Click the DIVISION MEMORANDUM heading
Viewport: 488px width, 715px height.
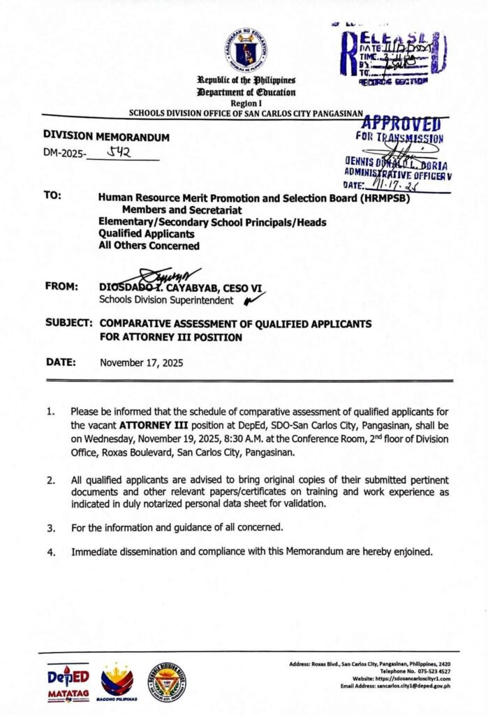click(106, 138)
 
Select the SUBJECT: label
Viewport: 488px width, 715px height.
click(68, 324)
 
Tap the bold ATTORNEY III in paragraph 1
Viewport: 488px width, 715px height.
click(151, 425)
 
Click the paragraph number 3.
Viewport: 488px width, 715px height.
click(51, 527)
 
